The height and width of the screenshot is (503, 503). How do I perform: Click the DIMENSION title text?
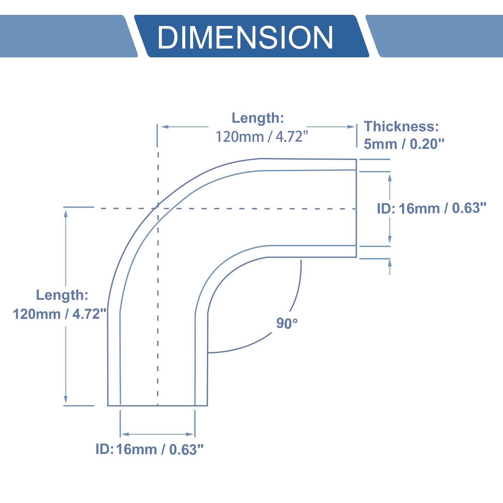coord(245,37)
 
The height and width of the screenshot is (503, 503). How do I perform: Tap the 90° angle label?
coord(287,323)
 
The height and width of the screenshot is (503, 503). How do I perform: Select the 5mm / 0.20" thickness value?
coord(404,144)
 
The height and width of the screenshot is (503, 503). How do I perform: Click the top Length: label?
coord(258,118)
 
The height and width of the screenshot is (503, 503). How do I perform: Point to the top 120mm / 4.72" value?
coord(262,136)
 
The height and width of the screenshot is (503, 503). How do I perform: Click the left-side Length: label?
coord(62,295)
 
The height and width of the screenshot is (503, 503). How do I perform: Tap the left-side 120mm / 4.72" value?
coord(60,314)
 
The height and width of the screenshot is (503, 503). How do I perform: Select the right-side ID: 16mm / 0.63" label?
coord(432,208)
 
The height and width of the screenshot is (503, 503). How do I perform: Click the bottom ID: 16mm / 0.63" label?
coord(149,449)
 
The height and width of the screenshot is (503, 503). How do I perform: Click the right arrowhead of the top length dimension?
coord(351,127)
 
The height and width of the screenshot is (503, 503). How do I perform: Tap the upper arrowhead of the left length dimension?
coord(66,214)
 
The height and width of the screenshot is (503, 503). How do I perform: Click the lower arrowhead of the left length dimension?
coord(66,399)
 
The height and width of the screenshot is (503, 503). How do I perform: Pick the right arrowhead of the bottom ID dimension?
coord(190,434)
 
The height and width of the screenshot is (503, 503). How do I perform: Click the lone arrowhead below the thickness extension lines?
coord(390,263)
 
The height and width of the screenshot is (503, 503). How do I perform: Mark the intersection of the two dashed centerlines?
coord(158,209)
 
